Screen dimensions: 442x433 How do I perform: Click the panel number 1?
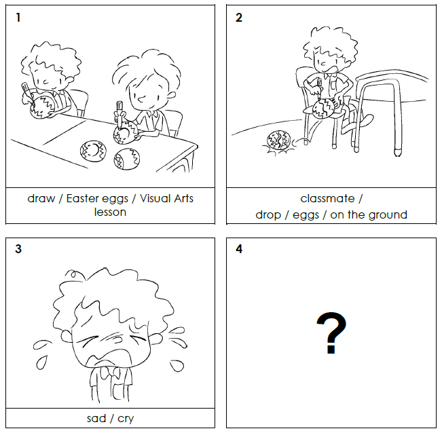[x=18, y=18]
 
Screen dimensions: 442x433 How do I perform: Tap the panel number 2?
[x=239, y=18]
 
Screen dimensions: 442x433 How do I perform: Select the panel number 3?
[x=18, y=249]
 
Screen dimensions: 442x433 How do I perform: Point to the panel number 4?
[x=239, y=249]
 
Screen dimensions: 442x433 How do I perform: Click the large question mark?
[x=331, y=333]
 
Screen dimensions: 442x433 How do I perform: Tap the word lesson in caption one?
[x=110, y=212]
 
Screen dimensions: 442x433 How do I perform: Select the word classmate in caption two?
[x=327, y=199]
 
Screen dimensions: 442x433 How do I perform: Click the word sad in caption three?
[x=96, y=418]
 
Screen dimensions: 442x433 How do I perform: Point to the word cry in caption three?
[x=126, y=419]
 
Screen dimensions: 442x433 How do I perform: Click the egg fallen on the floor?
[x=278, y=140]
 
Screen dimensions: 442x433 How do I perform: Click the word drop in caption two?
[x=268, y=215]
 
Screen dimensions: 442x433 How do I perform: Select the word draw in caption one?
[x=41, y=199]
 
